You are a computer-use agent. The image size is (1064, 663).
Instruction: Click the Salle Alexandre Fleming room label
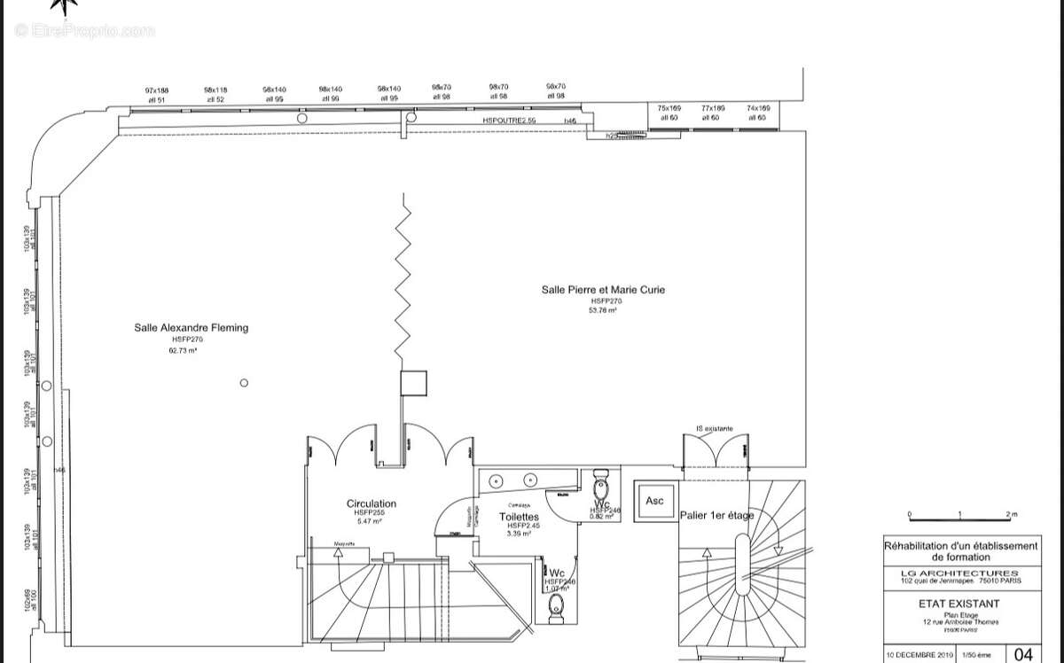pyautogui.click(x=191, y=328)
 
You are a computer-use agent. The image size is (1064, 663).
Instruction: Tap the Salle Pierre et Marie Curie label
pyautogui.click(x=603, y=290)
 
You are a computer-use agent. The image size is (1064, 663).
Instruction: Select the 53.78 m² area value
pyautogui.click(x=603, y=311)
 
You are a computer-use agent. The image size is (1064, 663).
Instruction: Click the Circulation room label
pyautogui.click(x=372, y=503)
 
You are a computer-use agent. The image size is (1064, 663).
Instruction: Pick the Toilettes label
pyautogui.click(x=519, y=517)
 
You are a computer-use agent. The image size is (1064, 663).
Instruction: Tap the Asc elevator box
pyautogui.click(x=654, y=501)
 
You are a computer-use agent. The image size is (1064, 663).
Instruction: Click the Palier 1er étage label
pyautogui.click(x=716, y=515)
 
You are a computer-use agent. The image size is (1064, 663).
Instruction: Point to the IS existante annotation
pyautogui.click(x=715, y=429)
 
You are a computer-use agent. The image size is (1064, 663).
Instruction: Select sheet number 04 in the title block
pyautogui.click(x=1022, y=654)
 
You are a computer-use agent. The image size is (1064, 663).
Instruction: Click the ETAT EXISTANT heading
pyautogui.click(x=961, y=604)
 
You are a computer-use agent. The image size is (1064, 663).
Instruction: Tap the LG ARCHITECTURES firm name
pyautogui.click(x=961, y=573)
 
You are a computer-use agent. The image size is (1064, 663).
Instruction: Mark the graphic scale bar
pyautogui.click(x=961, y=519)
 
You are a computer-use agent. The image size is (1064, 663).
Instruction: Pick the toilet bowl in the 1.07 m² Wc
pyautogui.click(x=557, y=604)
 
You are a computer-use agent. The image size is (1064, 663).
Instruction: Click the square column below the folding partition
pyautogui.click(x=414, y=383)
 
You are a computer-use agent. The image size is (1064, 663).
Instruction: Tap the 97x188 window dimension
pyautogui.click(x=157, y=90)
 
